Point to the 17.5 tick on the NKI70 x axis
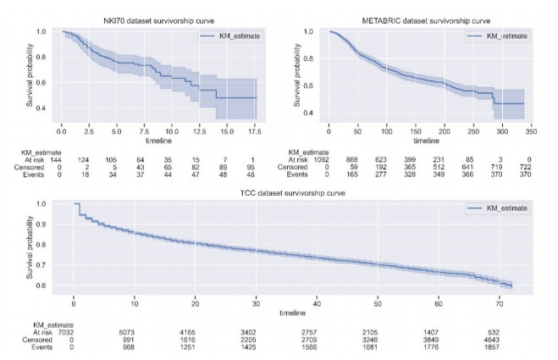click(255, 132)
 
